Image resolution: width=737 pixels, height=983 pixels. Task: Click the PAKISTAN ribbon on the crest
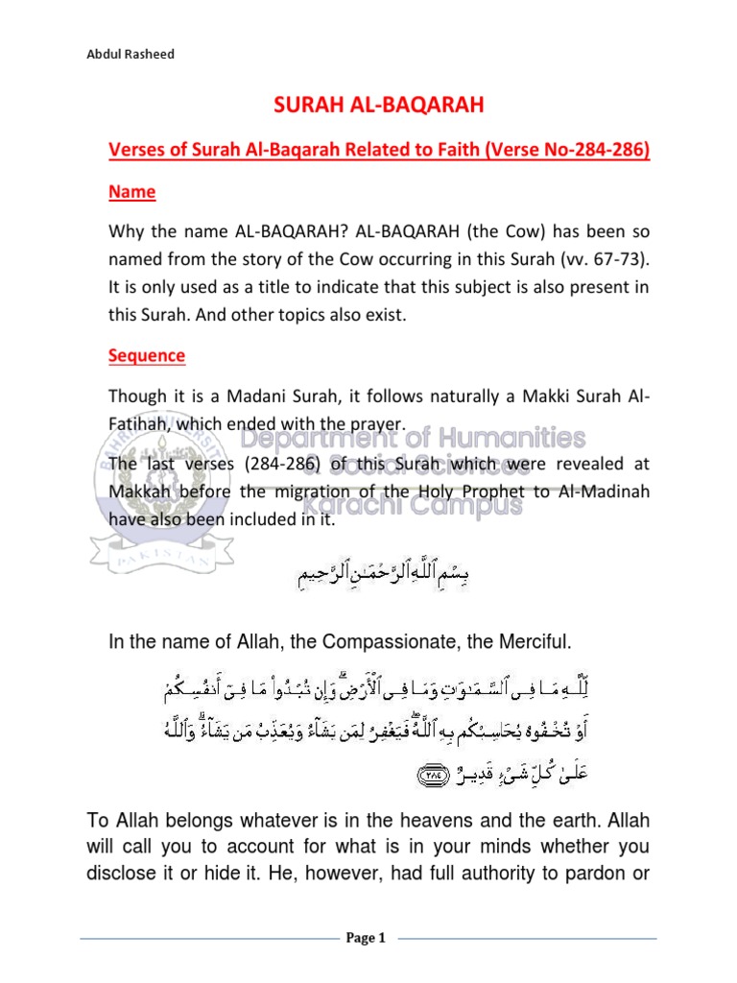point(159,555)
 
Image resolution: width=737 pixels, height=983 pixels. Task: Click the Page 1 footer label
point(365,939)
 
